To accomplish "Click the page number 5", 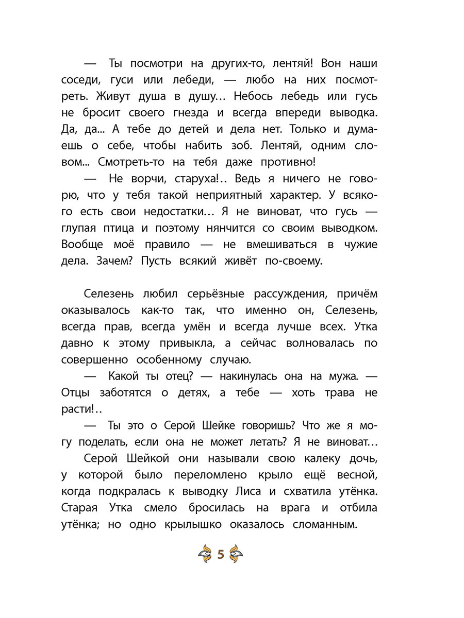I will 220,554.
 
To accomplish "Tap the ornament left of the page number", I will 205,554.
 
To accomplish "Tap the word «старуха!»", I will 188,179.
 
